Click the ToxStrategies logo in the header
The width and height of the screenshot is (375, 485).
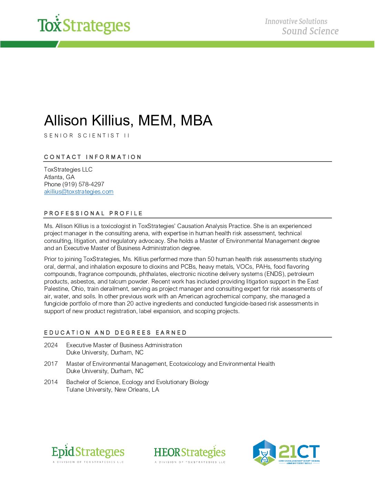click(84, 25)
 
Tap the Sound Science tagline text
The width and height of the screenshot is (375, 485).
click(310, 31)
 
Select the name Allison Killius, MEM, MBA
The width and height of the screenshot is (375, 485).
click(128, 121)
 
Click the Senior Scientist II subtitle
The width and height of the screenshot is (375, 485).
click(87, 136)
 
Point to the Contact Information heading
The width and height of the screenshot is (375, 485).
click(93, 157)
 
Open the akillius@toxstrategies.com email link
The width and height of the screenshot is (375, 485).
click(79, 192)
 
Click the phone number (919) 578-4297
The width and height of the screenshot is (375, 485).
click(83, 184)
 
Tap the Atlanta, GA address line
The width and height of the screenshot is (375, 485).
click(59, 177)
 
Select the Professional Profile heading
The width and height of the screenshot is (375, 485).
click(93, 214)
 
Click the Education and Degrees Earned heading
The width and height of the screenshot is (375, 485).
click(115, 333)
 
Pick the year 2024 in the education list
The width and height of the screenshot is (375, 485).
click(51, 345)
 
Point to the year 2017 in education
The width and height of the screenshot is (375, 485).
click(51, 364)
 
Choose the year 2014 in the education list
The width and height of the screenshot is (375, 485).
click(51, 382)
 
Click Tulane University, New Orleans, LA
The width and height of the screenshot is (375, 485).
click(113, 390)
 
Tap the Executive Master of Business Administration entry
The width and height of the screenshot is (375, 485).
click(124, 345)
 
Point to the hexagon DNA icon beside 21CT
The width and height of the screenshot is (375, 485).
click(264, 453)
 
